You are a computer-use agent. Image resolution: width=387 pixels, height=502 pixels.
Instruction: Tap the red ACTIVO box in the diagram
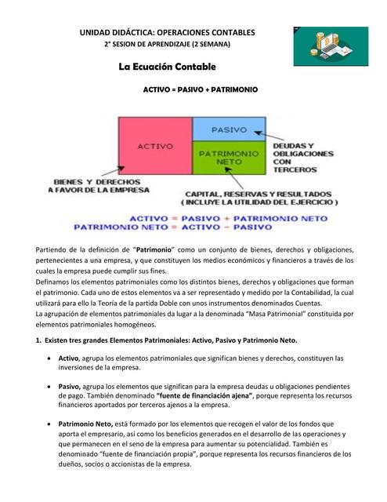[154, 146]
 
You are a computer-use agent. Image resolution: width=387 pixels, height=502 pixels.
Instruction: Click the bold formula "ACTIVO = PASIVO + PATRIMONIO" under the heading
[200, 90]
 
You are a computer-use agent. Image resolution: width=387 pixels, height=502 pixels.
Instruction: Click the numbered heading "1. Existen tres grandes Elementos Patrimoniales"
[166, 340]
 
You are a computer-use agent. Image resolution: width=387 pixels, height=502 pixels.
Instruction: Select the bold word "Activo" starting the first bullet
[68, 358]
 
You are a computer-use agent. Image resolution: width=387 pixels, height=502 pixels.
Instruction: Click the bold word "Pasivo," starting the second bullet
[70, 386]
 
